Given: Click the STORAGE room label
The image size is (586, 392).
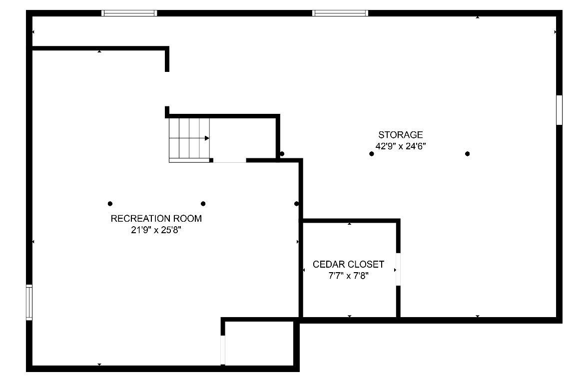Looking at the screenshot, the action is [x=400, y=134].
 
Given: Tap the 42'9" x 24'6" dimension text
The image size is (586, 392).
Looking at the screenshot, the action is [x=401, y=146].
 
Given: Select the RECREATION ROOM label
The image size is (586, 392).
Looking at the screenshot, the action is [x=156, y=218].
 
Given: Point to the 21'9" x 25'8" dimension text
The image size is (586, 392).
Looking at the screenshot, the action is [x=156, y=230].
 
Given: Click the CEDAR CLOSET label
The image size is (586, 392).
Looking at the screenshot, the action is [x=348, y=264].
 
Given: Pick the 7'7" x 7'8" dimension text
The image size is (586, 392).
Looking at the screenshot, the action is [x=348, y=276].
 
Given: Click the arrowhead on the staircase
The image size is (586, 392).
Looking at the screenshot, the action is [x=207, y=138].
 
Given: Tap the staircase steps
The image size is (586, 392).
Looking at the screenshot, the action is [x=189, y=140].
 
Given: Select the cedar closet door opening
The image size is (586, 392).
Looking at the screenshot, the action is [x=398, y=270].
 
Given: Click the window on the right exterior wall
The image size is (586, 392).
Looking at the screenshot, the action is [x=560, y=110].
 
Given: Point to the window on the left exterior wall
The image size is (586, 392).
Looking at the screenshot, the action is [x=29, y=302].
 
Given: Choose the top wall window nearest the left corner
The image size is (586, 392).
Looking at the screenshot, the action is [x=129, y=13].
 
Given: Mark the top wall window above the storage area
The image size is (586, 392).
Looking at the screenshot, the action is [x=340, y=13].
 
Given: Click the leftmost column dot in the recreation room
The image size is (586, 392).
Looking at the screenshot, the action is [x=110, y=204].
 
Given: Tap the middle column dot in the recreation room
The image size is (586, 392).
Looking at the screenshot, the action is [x=203, y=204].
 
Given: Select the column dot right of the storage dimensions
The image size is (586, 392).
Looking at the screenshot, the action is [x=467, y=154].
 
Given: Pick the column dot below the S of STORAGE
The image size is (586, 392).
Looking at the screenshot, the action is [x=372, y=154].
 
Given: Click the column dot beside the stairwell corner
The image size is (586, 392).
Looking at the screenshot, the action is [x=282, y=154].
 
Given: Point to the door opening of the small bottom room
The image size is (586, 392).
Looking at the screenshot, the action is [x=223, y=350].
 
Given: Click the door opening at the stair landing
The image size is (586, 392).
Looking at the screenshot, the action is [x=230, y=161].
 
